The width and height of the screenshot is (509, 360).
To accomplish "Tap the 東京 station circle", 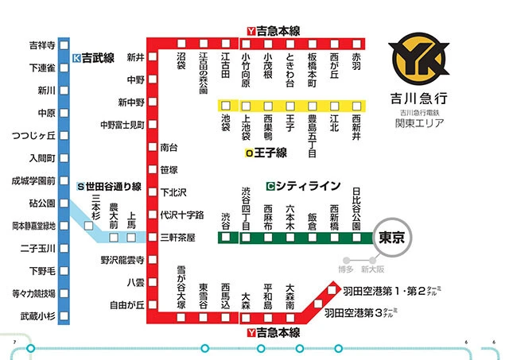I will (x=396, y=237).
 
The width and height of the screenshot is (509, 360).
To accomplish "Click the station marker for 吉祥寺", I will (x=64, y=45).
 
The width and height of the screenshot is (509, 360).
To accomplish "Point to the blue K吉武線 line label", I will (x=94, y=58).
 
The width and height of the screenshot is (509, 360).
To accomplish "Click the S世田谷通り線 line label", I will (x=109, y=187).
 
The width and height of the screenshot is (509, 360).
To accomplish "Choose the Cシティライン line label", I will (x=304, y=186).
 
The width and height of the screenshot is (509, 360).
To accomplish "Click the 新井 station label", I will (x=135, y=57).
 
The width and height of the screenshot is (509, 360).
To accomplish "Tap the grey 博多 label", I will (x=344, y=269).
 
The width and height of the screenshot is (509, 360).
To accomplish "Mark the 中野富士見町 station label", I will (x=122, y=125).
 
